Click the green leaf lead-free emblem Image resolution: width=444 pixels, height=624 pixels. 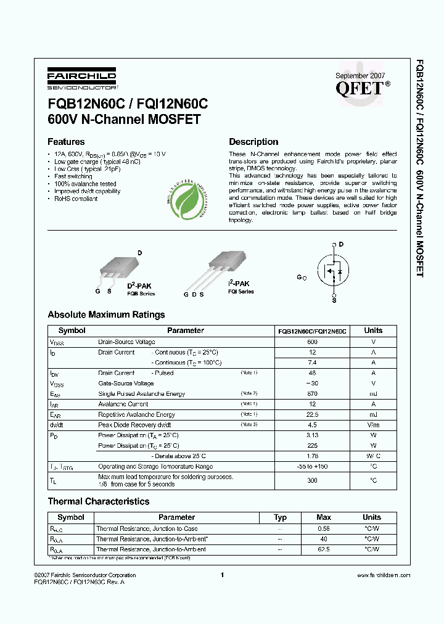click(189, 203)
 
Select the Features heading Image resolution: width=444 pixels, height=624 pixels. click(66, 142)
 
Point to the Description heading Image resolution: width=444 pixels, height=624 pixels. click(253, 142)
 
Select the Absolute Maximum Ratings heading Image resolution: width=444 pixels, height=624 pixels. click(106, 314)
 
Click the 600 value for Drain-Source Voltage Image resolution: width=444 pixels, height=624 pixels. click(312, 342)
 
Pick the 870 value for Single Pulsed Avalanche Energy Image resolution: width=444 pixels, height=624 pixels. click(312, 393)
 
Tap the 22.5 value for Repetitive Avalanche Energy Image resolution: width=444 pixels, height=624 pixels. click(312, 414)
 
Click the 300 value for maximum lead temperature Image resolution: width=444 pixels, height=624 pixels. click(312, 480)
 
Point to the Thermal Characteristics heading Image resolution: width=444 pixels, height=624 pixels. click(99, 501)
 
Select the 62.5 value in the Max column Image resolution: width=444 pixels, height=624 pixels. click(323, 549)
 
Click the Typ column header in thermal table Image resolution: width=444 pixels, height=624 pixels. click(280, 517)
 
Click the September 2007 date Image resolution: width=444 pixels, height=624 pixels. click(360, 75)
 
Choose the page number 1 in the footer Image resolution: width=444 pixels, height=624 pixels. click(221, 575)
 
